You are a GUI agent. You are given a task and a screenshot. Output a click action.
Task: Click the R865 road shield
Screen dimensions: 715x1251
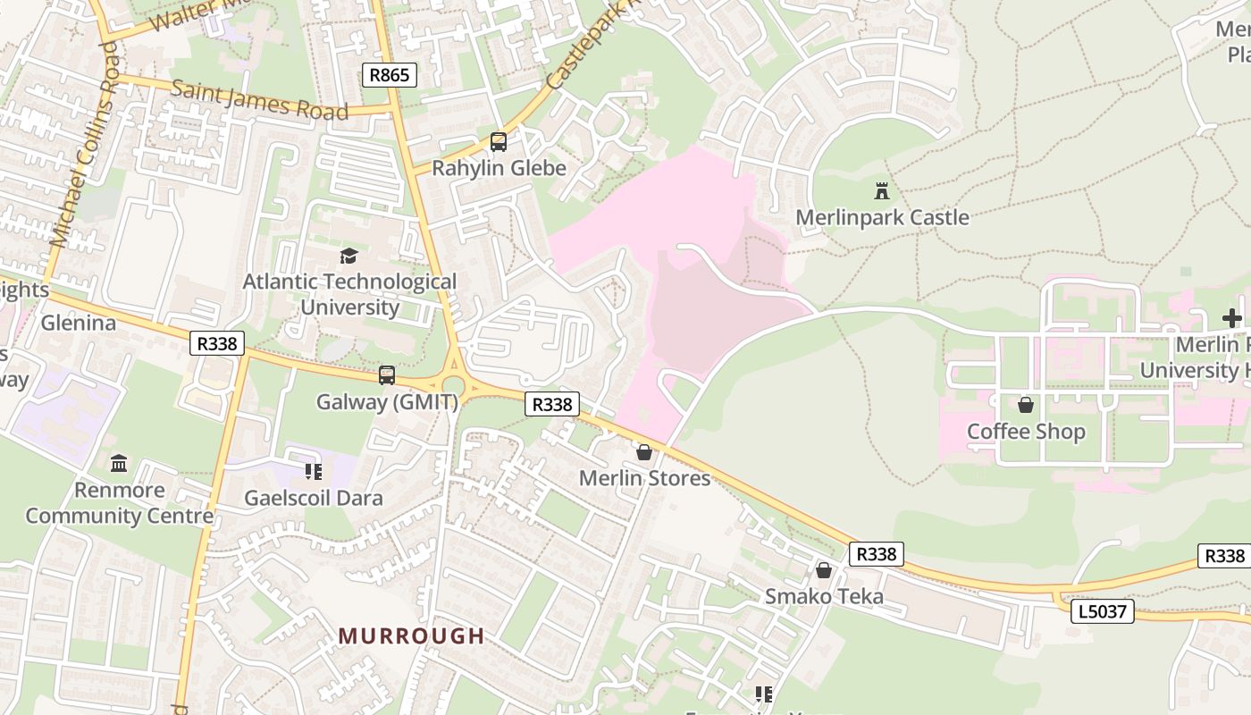coord(390,75)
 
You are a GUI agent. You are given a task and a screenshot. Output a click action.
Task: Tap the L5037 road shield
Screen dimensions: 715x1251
coord(1103,612)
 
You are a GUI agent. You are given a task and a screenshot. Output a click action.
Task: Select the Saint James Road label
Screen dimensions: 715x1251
coord(259,100)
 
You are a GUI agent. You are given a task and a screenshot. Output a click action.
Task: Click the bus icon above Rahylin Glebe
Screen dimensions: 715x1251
coord(499,142)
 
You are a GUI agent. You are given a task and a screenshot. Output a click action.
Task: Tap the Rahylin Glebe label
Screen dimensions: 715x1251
coord(499,168)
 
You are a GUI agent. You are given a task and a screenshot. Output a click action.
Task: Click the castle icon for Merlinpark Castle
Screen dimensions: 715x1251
coord(882,190)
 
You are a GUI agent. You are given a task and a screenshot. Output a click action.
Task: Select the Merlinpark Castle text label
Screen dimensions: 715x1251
coord(882,217)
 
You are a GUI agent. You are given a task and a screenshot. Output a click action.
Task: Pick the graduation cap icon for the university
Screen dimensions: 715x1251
coord(348,257)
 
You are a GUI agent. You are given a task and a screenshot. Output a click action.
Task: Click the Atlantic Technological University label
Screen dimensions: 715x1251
coord(349,294)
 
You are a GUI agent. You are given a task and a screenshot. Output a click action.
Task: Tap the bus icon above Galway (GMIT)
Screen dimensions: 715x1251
coord(387,375)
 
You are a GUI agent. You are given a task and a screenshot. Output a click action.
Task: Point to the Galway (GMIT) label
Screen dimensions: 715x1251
coord(387,401)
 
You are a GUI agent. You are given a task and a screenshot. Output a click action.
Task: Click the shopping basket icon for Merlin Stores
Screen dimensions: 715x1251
coord(644,452)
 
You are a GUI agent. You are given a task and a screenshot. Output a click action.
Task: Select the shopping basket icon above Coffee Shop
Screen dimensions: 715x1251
coord(1026,406)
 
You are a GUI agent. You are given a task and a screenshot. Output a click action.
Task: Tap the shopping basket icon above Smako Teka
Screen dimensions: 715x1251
coord(824,570)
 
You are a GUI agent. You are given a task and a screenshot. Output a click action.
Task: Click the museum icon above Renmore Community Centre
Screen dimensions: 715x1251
coord(119,463)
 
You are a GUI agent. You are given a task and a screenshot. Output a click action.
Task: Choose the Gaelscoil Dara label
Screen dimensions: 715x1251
coord(314,498)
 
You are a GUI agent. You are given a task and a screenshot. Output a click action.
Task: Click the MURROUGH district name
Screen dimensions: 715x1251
coord(411,636)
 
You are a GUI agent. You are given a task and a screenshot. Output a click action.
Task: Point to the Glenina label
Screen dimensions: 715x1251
coord(79,323)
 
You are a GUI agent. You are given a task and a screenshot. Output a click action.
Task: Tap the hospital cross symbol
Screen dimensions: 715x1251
coord(1232,318)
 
